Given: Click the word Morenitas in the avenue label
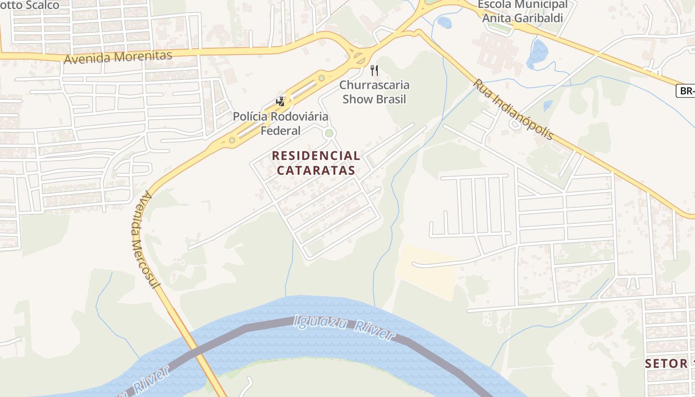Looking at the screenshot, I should click(143, 56).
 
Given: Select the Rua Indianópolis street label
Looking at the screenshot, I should click(513, 109).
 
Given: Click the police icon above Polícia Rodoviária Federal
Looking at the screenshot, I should click(280, 102).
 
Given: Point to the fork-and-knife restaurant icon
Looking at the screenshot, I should click(374, 70).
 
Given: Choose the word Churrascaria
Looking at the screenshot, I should click(374, 85).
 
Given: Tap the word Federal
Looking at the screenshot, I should click(280, 131).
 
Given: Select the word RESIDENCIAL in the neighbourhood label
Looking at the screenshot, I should click(316, 156).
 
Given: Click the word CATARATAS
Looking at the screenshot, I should click(316, 170).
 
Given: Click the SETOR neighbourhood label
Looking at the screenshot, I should click(666, 363).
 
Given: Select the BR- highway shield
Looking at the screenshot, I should click(685, 91).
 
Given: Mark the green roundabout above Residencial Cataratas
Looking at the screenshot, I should click(328, 133).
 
